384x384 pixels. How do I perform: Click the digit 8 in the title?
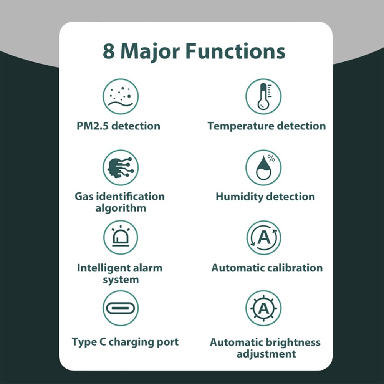click(109, 51)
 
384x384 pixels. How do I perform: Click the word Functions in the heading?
click(235, 51)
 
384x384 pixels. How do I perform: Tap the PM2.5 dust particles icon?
click(121, 96)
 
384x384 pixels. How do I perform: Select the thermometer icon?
click(263, 96)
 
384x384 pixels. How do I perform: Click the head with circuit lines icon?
click(121, 167)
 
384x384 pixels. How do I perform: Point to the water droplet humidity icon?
click(263, 168)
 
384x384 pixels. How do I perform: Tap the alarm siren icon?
click(121, 237)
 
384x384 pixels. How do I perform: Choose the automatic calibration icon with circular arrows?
click(263, 237)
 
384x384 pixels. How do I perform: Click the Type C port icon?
click(121, 308)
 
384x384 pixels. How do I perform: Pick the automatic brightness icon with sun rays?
click(263, 308)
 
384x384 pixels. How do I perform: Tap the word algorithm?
click(121, 209)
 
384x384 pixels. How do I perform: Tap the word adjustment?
click(266, 354)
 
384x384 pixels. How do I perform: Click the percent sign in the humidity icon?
click(271, 158)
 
